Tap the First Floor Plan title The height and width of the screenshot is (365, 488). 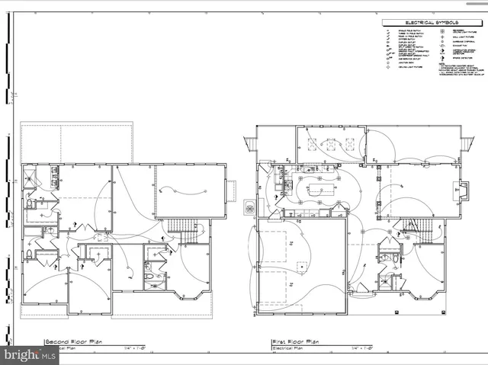coord(296,342)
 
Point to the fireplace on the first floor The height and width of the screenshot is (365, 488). coord(461,190)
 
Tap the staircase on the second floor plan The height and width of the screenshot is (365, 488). coord(182,226)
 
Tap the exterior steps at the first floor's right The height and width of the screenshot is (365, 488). coord(467,143)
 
